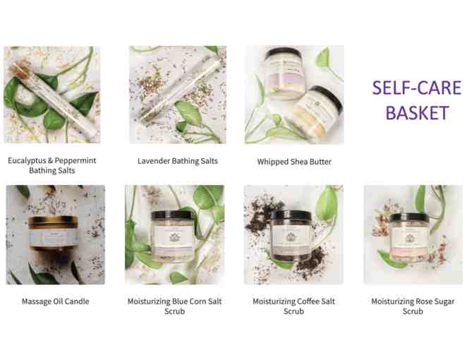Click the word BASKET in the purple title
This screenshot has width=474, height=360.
tap(417, 113)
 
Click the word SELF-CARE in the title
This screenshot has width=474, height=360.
tap(417, 88)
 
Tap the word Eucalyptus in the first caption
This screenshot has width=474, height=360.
tap(27, 161)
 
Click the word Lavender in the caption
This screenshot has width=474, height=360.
tap(153, 161)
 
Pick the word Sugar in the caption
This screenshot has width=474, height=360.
tap(444, 302)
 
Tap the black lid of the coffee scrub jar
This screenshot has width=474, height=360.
tap(291, 216)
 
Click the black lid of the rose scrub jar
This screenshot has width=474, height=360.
tap(409, 218)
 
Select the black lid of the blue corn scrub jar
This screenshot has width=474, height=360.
tap(171, 216)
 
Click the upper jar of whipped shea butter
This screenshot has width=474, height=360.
tap(284, 73)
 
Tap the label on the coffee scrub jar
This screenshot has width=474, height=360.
tap(291, 238)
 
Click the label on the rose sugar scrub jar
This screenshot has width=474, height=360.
tap(409, 238)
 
